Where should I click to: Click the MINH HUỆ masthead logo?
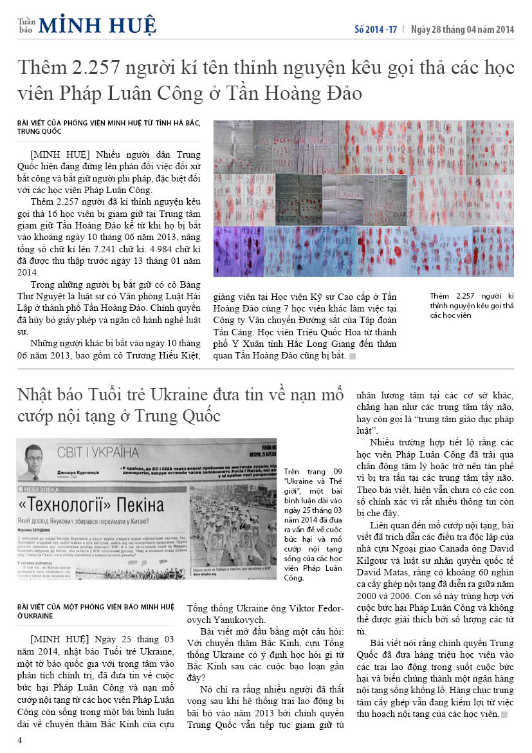point(97,25)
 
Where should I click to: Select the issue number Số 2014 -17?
point(376,30)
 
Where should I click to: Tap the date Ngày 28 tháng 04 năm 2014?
point(463,30)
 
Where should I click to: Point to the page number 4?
point(20,740)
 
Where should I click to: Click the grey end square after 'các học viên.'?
point(504,715)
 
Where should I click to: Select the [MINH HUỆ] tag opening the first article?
point(59,155)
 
